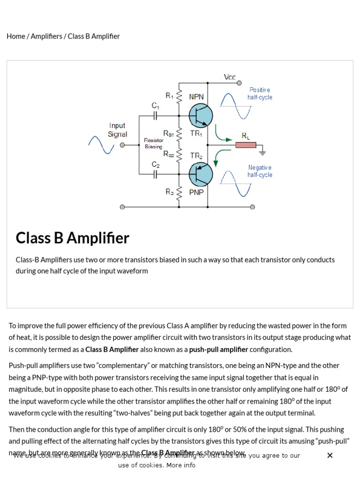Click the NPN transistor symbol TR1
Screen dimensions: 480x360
201,115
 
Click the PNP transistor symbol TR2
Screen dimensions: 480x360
201,174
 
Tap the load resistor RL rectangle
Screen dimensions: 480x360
246,145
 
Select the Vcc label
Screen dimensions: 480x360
230,77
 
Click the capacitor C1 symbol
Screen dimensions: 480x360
155,116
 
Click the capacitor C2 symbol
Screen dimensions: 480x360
155,174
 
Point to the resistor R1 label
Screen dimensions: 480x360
169,96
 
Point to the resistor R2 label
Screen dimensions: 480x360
169,191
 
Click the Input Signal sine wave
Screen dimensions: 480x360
101,145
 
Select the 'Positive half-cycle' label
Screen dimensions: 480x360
260,93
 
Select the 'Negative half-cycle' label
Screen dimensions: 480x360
260,171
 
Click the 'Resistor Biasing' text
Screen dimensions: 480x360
153,143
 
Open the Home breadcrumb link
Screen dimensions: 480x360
16,36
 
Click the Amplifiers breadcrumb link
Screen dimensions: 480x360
46,36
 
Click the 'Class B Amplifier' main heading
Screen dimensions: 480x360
72,238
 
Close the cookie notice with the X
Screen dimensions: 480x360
330,455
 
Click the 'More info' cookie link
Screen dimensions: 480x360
180,465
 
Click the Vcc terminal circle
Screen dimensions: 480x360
239,83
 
